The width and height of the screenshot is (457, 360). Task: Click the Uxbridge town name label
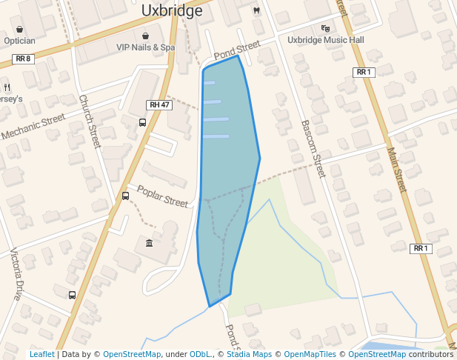(x=171, y=11)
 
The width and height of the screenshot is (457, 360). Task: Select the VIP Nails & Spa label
(x=145, y=47)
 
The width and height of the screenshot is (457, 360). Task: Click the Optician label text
(x=19, y=41)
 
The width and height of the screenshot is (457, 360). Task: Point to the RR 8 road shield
(x=24, y=59)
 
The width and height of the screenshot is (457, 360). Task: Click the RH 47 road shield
(x=159, y=105)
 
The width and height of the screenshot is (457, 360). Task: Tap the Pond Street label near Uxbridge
(x=237, y=51)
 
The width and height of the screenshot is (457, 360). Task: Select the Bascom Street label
(x=313, y=148)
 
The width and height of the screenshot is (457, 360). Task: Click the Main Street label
(x=397, y=170)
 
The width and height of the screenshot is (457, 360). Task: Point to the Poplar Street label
(x=162, y=196)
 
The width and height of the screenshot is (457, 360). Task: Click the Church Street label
(x=89, y=121)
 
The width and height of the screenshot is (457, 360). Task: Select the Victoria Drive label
(x=16, y=274)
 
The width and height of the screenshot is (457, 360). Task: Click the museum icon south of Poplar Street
(x=150, y=244)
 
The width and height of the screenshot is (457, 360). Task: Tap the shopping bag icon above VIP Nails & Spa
(x=145, y=35)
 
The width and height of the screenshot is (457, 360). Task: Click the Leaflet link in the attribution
(x=41, y=354)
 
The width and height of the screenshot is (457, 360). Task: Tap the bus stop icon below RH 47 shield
(x=142, y=122)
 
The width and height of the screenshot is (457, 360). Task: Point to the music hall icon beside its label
(x=324, y=29)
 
